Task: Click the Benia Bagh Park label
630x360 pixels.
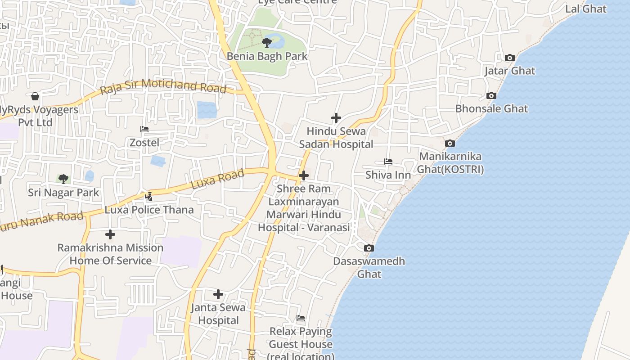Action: (267, 56)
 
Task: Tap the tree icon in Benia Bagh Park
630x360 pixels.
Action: (266, 43)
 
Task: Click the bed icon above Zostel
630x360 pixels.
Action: (144, 129)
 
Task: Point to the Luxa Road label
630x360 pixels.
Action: (217, 179)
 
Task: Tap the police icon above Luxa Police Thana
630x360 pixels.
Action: (149, 196)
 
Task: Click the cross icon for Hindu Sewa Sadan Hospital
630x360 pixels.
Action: (336, 118)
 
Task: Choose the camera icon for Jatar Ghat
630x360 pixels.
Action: (509, 58)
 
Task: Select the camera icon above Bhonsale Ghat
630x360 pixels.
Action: (491, 95)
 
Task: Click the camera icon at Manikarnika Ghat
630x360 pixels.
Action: (450, 143)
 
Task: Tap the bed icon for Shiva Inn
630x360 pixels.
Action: (388, 162)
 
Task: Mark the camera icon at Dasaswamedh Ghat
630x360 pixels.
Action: (369, 248)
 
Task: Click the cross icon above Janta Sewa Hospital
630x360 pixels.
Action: (218, 294)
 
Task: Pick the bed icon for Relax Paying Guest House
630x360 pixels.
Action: (301, 318)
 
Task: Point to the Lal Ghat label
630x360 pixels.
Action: (585, 9)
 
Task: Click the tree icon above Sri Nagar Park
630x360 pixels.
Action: (63, 179)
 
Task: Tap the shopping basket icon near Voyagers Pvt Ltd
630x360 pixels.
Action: (35, 96)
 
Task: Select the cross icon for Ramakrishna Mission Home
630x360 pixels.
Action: (110, 234)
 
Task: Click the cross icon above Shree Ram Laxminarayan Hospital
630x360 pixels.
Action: (304, 175)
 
